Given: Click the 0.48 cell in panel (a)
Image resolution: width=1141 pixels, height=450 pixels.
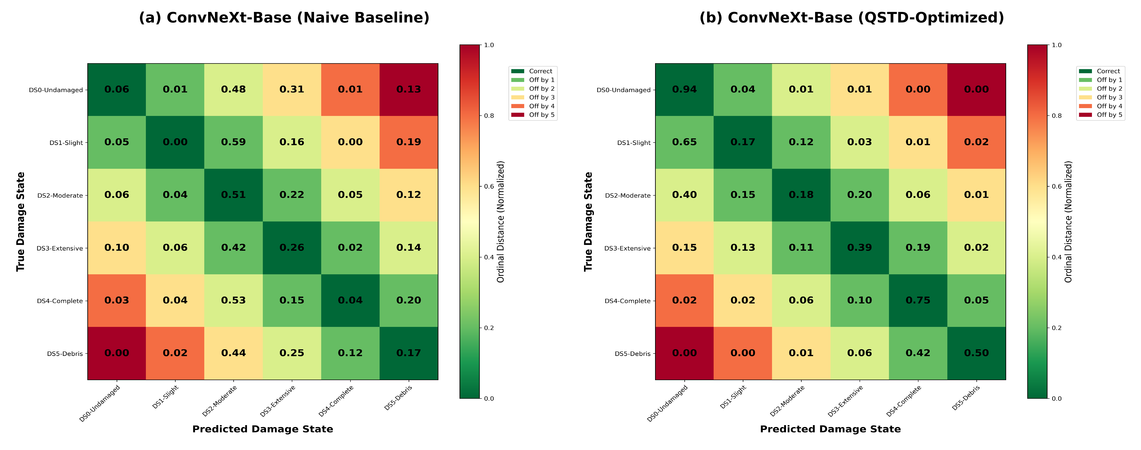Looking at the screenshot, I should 233,90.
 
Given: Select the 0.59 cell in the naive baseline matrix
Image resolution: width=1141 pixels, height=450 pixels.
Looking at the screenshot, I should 233,142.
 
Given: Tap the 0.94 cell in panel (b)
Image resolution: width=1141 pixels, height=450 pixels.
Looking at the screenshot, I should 684,90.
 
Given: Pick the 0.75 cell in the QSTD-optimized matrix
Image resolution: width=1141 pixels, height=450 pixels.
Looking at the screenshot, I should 918,301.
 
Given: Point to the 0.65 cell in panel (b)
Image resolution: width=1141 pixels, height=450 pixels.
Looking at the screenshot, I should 684,142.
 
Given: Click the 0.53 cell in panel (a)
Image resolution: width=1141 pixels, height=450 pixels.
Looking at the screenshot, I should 233,301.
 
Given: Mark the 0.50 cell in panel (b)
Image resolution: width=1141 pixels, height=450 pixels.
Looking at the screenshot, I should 976,353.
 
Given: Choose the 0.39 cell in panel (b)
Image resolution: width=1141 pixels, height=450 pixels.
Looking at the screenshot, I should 859,248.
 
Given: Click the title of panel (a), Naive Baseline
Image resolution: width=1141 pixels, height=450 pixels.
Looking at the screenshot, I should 284,18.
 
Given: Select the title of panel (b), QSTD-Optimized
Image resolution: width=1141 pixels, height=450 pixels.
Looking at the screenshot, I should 851,18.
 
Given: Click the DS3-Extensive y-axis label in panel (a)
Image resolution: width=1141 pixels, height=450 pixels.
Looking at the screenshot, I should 60,248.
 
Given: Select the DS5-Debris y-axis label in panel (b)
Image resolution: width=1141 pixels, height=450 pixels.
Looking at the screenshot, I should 633,354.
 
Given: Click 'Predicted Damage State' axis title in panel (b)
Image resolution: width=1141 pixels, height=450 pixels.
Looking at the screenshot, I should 830,429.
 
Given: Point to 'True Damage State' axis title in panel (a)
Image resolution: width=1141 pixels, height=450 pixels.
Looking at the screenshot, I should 20,222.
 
